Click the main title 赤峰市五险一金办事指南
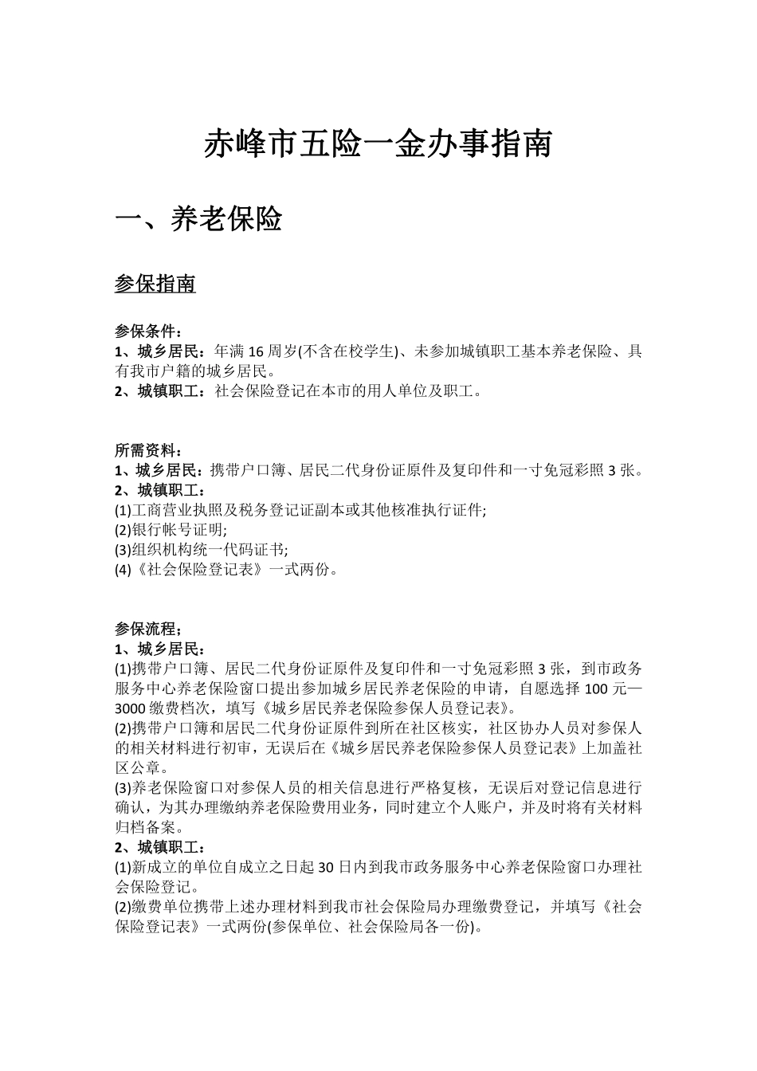click(378, 145)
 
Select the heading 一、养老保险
click(199, 219)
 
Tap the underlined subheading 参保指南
click(155, 284)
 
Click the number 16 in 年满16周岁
click(257, 351)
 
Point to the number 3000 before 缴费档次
click(131, 708)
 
